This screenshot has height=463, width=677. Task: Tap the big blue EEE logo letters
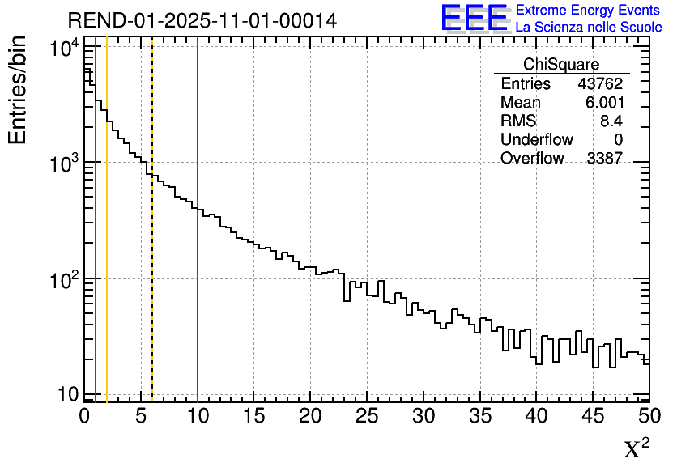[475, 18]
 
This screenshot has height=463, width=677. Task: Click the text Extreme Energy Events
[588, 11]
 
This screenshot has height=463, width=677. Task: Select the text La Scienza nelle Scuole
[588, 28]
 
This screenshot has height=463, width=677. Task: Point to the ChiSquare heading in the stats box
[561, 64]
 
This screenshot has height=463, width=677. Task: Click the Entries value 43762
[600, 83]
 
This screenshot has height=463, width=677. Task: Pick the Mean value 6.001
[604, 103]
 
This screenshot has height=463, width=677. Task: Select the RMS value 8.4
[611, 121]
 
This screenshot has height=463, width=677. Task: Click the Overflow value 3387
[604, 159]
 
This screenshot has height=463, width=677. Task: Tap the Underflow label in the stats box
[536, 140]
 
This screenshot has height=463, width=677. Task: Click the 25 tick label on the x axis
[367, 416]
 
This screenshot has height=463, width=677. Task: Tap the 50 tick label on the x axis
[649, 416]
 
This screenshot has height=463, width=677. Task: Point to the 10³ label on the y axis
[63, 163]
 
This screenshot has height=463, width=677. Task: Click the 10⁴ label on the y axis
[63, 49]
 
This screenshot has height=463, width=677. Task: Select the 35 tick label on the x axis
[479, 416]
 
